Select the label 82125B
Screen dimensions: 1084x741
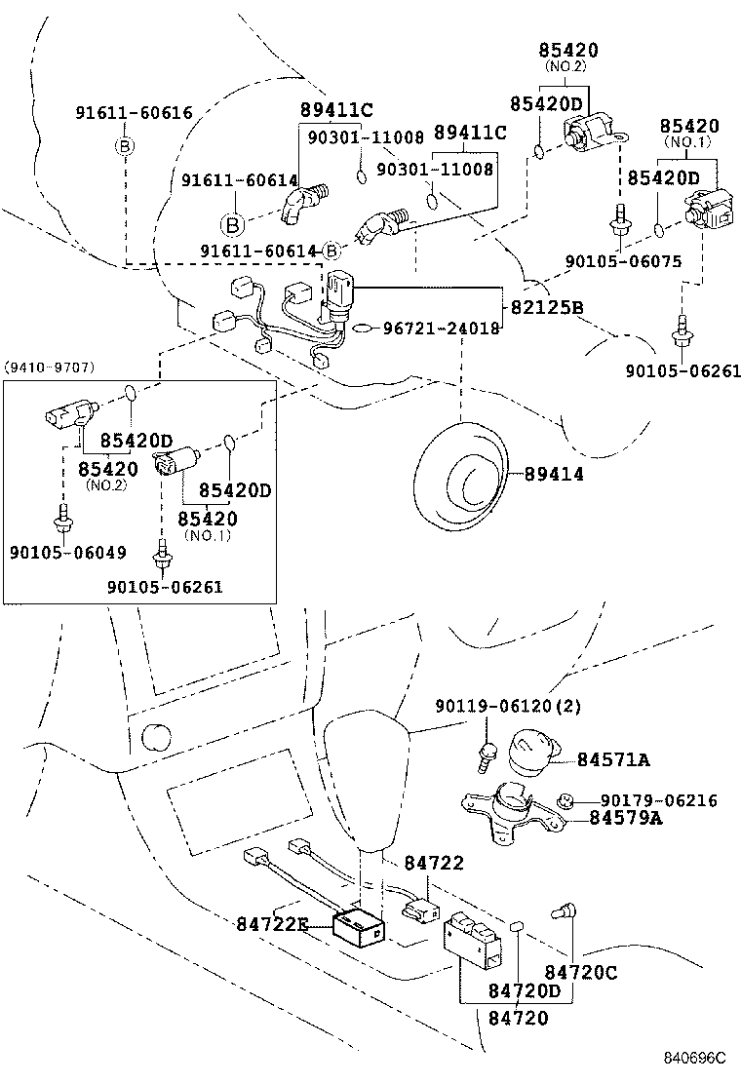[547, 307]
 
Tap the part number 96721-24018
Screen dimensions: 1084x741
[441, 329]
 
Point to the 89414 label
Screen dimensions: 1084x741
[554, 474]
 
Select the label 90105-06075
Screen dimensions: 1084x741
[623, 261]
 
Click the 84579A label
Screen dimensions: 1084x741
[625, 818]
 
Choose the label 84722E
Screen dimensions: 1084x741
[272, 923]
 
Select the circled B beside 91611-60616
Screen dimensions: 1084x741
[125, 146]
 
